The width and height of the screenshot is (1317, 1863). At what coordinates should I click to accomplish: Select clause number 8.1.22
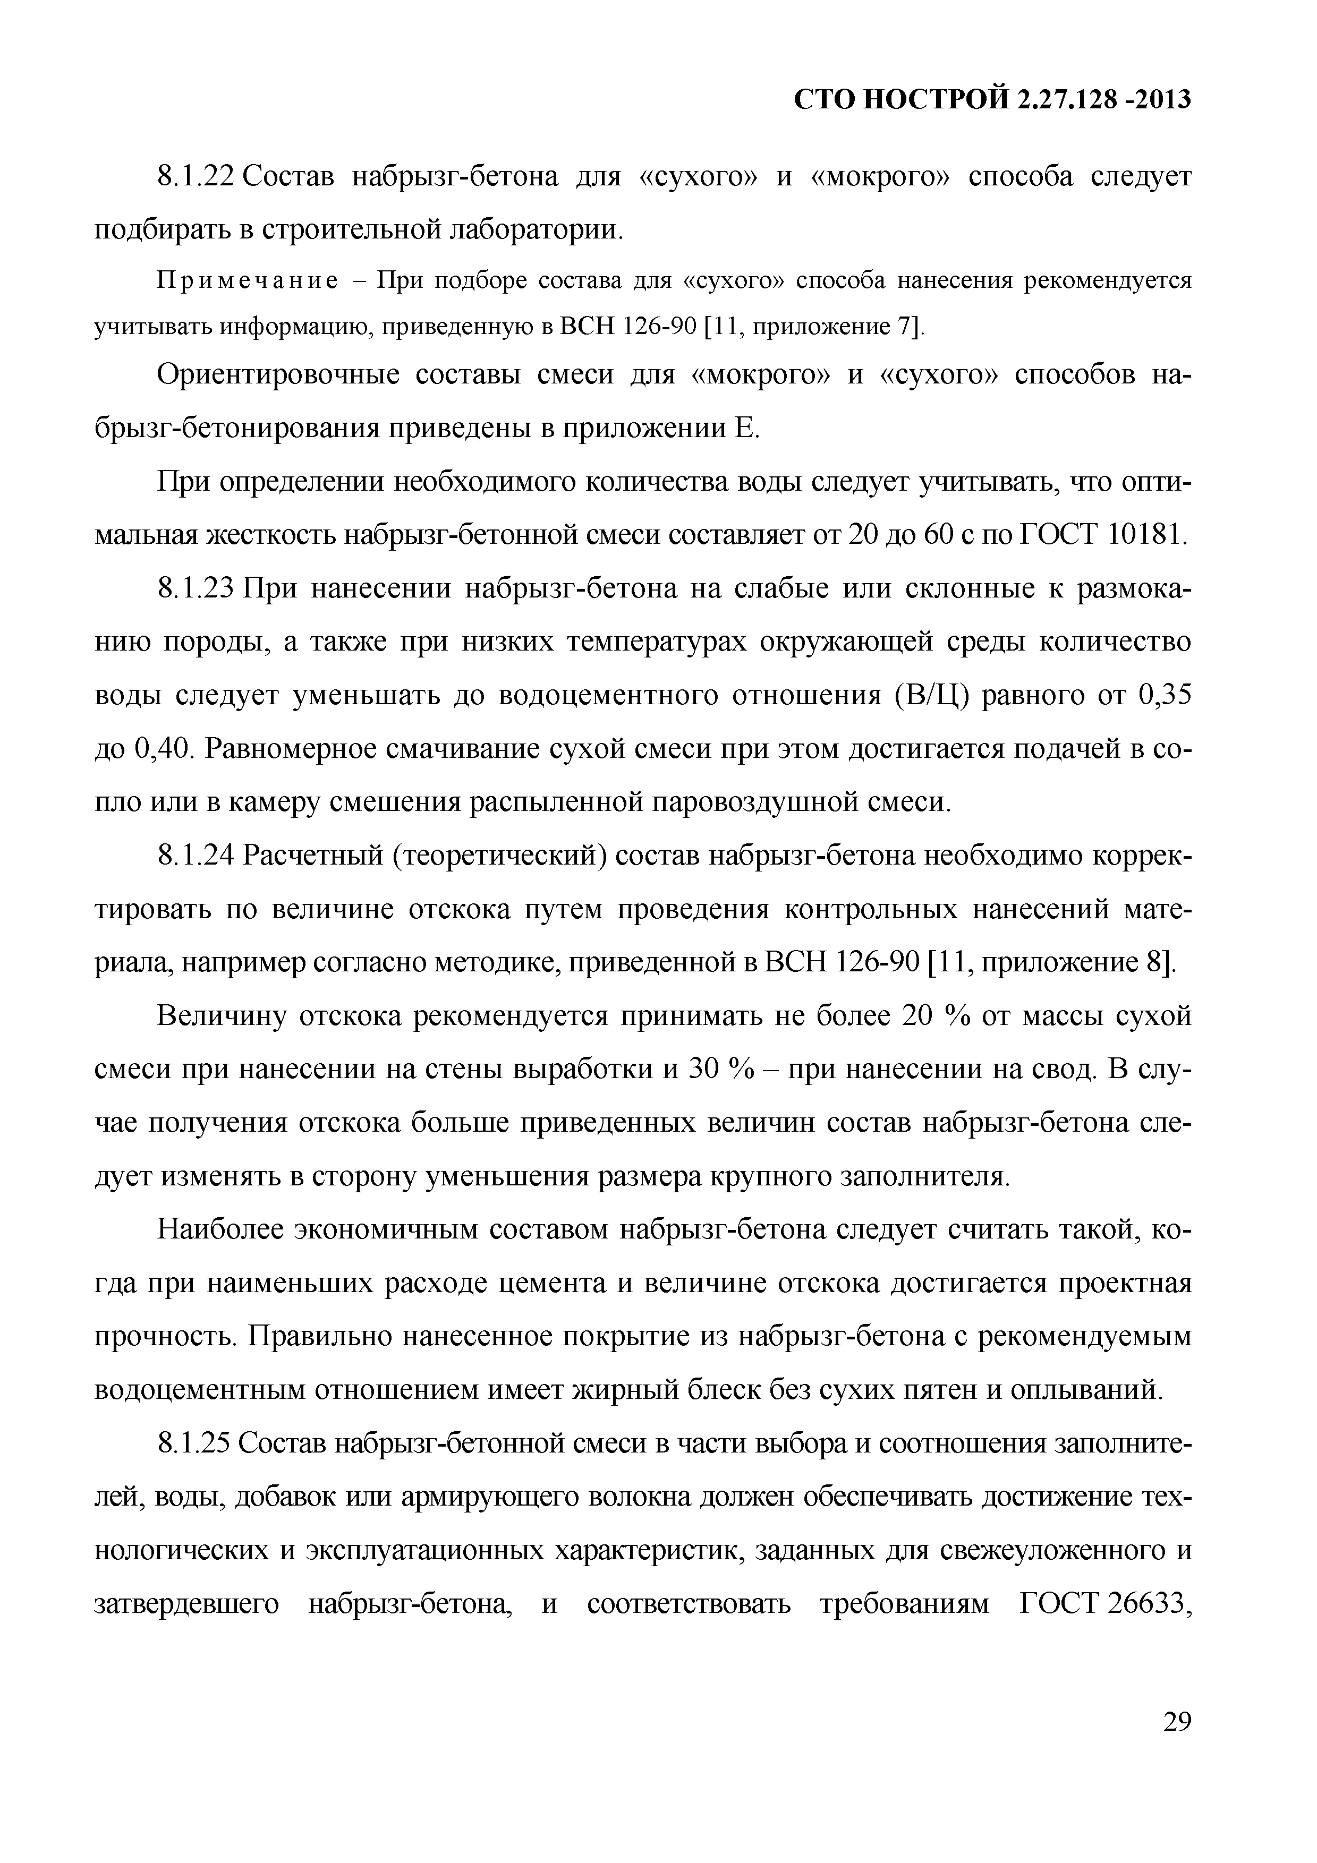(x=195, y=176)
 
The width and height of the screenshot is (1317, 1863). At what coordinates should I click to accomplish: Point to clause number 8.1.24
(x=195, y=856)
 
